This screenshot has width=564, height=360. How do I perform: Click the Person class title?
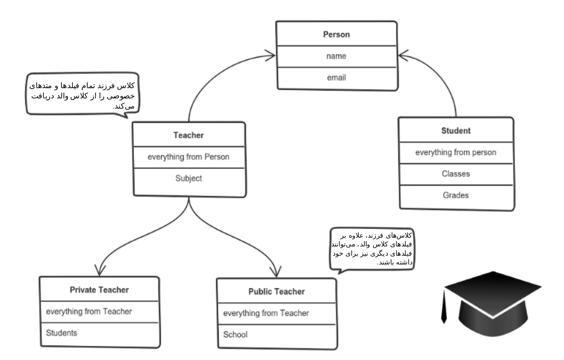[337, 35]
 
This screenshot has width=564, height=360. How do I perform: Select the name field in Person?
[337, 56]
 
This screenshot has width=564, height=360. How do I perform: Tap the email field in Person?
[337, 77]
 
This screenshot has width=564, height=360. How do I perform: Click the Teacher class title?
[188, 135]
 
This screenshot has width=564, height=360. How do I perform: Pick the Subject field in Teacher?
[188, 178]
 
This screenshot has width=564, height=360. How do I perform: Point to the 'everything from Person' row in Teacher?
[188, 157]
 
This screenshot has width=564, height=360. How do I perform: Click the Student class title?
[456, 131]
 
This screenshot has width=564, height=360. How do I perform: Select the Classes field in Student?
[456, 174]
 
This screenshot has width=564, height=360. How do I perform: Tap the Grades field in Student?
[456, 195]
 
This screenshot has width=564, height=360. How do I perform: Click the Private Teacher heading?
[99, 290]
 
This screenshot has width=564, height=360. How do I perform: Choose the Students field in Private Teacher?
[61, 333]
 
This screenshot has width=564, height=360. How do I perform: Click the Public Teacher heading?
[277, 292]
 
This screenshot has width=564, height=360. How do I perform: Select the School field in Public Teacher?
[235, 335]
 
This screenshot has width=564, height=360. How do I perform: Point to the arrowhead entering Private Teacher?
[100, 270]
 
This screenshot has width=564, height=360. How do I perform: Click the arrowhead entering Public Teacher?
[276, 272]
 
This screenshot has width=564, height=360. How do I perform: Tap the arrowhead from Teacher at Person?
[270, 56]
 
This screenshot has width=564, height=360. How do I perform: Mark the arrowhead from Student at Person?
[404, 56]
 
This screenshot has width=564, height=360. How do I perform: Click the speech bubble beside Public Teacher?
[372, 249]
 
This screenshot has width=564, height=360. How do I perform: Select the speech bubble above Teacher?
[82, 94]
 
